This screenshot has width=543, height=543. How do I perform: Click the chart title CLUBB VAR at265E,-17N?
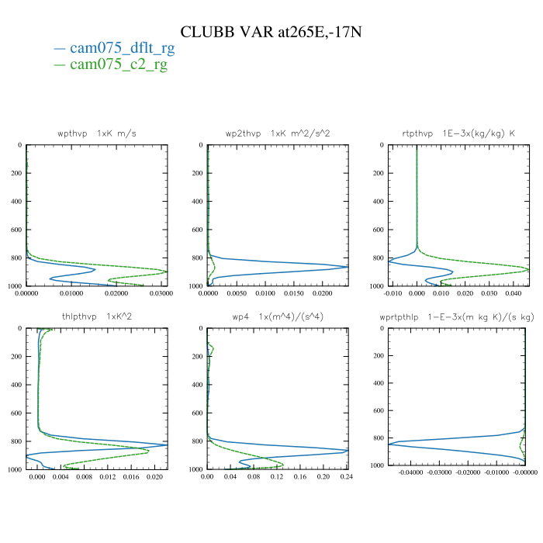click(271, 32)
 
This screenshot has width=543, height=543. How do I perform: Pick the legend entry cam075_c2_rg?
click(118, 64)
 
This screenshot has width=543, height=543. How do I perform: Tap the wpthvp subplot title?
click(97, 133)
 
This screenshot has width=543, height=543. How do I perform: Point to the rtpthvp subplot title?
click(458, 133)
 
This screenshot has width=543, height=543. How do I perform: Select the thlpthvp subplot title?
click(97, 316)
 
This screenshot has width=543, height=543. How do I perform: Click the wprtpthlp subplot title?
click(458, 316)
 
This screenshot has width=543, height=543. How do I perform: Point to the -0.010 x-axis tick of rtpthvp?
click(395, 294)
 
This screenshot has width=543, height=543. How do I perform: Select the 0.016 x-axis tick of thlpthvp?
click(133, 477)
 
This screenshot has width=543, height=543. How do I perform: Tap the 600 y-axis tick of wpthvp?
click(16, 230)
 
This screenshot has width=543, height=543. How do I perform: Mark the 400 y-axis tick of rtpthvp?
click(376, 202)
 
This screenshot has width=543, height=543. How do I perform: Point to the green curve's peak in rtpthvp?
click(529, 270)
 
